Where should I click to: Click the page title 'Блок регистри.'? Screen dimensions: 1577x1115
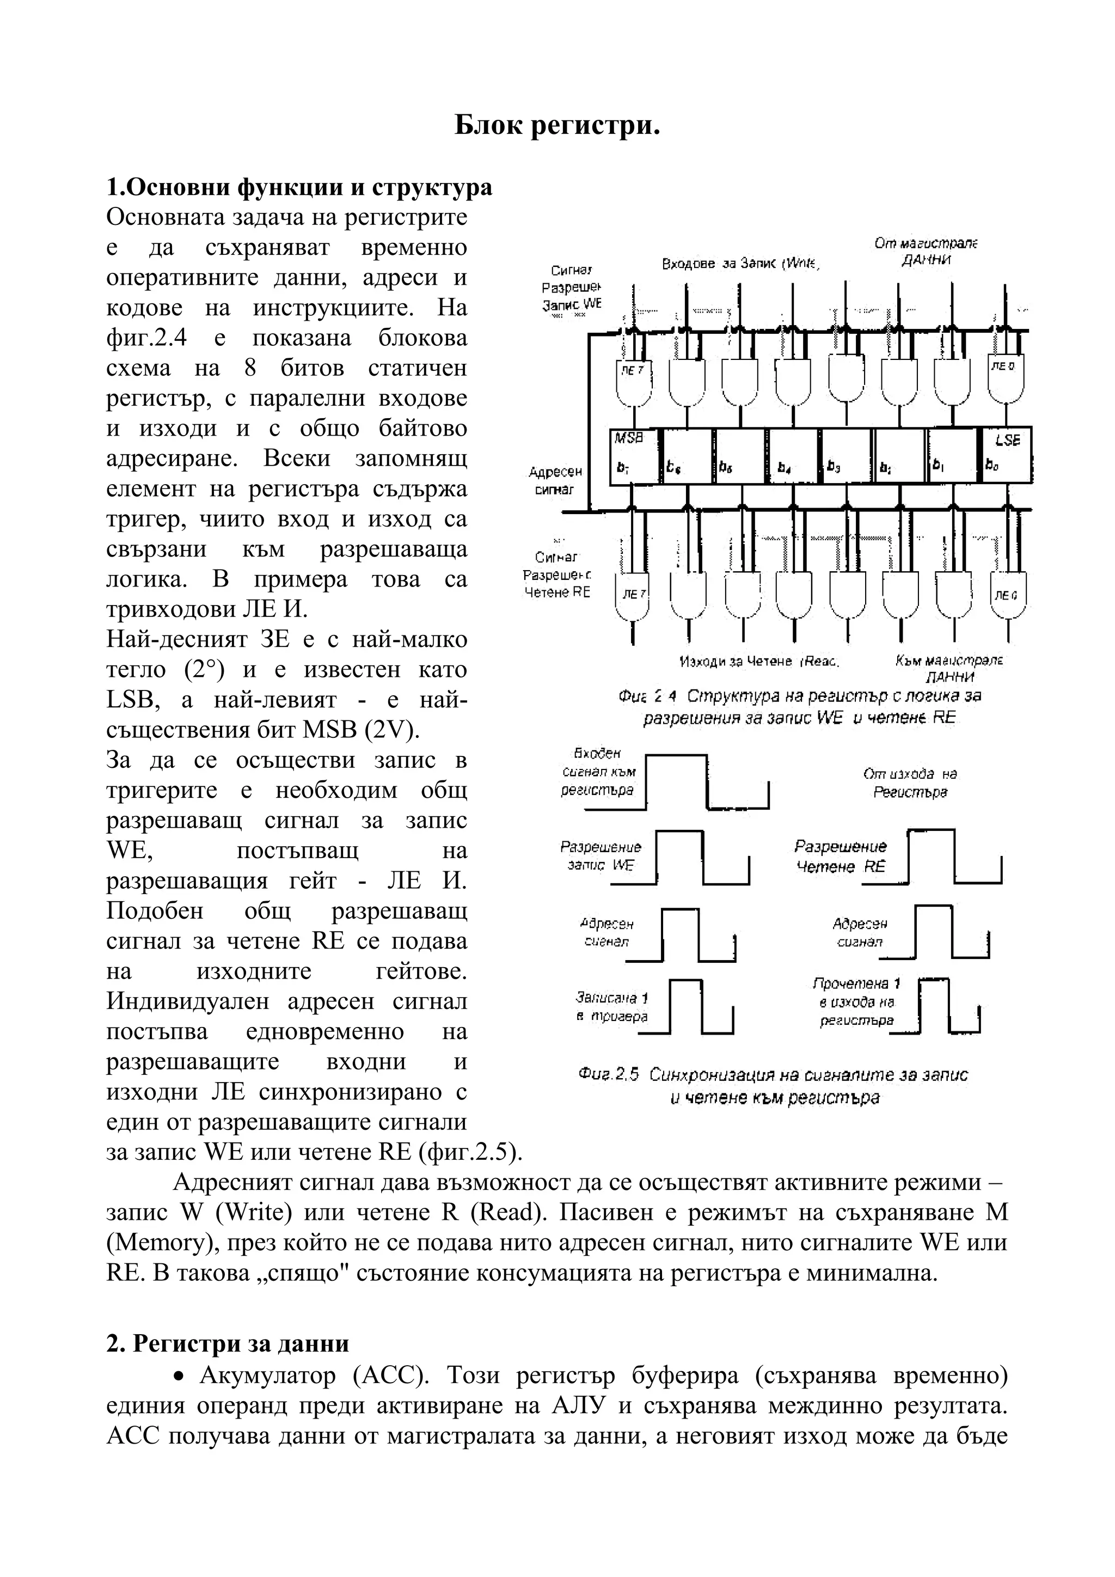click(x=557, y=126)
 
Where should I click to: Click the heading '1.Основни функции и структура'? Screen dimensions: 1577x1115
click(x=299, y=187)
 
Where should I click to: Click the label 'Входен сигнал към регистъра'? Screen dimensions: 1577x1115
click(x=597, y=772)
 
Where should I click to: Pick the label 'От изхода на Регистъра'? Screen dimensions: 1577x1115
click(x=910, y=783)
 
